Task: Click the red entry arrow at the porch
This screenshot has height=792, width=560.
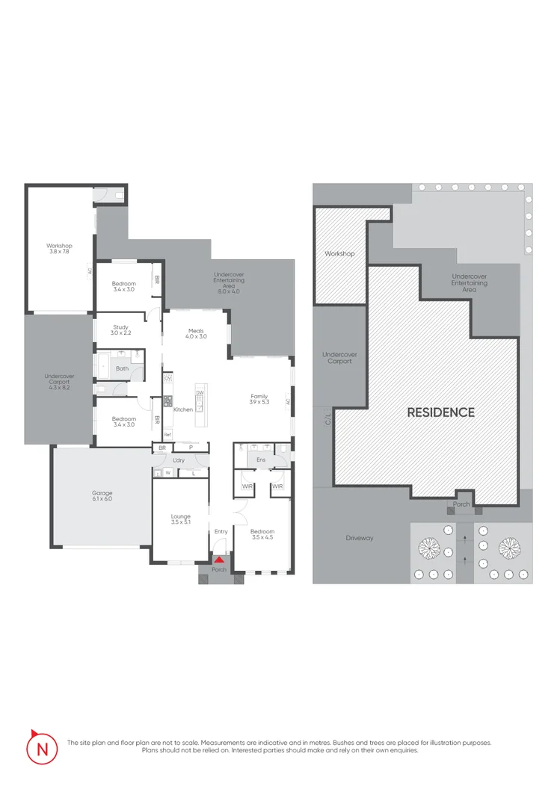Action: click(219, 559)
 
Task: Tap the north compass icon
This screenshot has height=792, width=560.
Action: click(41, 747)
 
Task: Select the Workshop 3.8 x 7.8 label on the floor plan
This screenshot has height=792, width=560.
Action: click(58, 248)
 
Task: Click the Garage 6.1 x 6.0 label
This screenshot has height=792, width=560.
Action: click(102, 495)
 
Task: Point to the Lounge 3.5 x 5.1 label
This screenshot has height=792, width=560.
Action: click(181, 519)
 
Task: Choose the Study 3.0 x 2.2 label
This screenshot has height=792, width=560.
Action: click(121, 330)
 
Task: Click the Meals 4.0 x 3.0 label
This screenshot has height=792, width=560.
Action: click(195, 333)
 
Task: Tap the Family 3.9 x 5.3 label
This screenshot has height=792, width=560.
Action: click(259, 400)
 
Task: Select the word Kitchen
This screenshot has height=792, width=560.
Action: click(183, 409)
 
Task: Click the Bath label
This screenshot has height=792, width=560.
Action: click(122, 368)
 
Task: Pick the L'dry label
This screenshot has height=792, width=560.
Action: click(179, 460)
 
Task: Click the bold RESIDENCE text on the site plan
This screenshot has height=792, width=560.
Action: click(440, 412)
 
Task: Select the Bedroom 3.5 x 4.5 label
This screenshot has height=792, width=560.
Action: click(262, 534)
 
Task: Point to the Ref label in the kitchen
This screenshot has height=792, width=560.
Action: click(167, 434)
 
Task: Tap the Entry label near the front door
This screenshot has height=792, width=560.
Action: click(221, 531)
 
